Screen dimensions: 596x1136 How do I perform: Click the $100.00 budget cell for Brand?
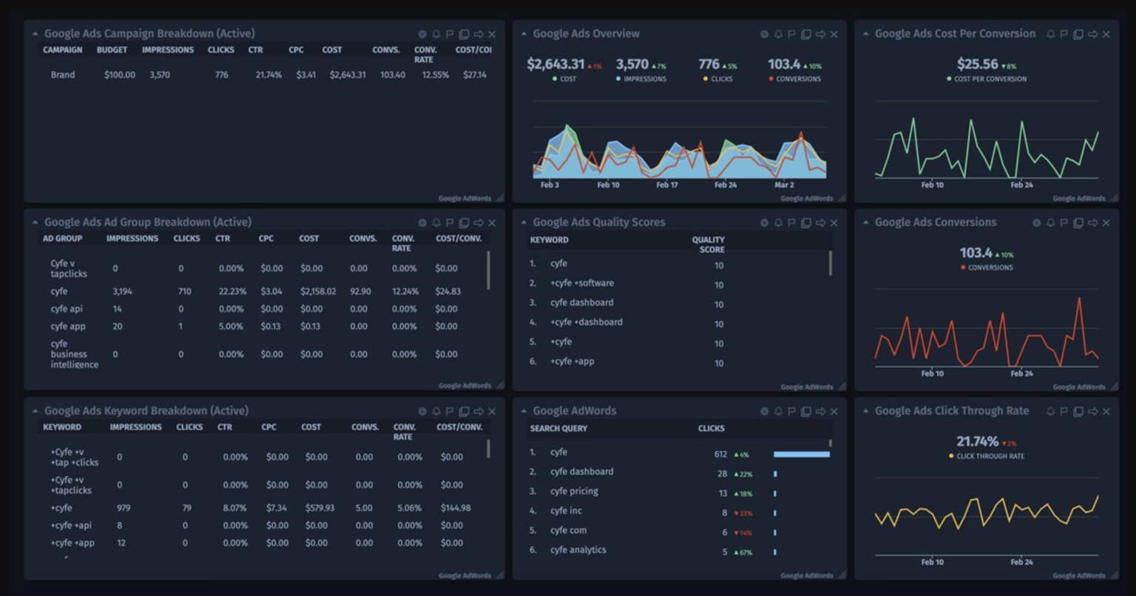coord(119,75)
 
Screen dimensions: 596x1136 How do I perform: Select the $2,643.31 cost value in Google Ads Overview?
coord(555,64)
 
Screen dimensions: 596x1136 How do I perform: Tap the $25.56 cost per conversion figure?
coord(977,64)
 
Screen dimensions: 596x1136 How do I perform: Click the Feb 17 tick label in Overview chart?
coord(666,185)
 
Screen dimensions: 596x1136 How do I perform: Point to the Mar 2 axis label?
coord(784,185)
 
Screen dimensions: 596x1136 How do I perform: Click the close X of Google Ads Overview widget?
coord(834,34)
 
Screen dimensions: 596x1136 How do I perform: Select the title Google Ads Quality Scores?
coord(598,222)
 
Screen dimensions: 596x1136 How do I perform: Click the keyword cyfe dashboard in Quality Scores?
coord(581,303)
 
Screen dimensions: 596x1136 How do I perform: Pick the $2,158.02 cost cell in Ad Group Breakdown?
coord(317,292)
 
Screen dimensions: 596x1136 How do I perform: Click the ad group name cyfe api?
coord(67,309)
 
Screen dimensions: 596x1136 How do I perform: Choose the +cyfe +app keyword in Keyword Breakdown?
coord(72,543)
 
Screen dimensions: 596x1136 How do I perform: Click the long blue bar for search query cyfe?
coord(802,454)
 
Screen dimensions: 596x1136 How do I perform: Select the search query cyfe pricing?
coord(574,492)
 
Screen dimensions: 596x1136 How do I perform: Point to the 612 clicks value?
coord(720,454)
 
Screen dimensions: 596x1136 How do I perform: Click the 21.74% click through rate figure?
coord(977,442)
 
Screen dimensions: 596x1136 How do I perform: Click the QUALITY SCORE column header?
coord(708,244)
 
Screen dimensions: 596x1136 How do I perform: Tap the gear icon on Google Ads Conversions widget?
coord(1036,223)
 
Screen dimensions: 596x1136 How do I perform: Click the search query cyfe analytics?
coord(578,550)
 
